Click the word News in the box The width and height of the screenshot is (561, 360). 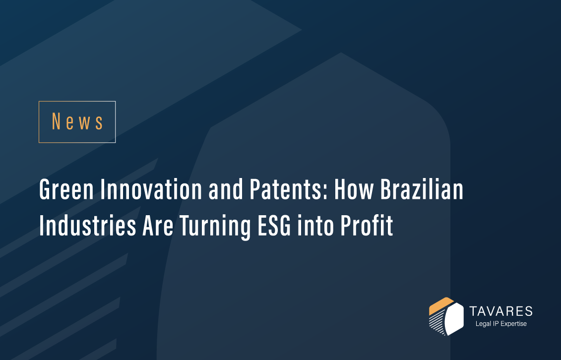[x=77, y=122]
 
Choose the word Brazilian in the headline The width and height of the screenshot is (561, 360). [x=425, y=190]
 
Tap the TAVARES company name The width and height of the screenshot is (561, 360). [x=501, y=311]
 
